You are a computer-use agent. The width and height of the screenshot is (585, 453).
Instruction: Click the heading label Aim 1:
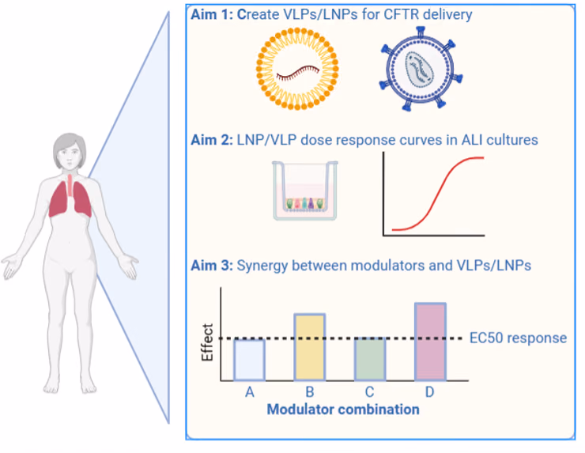(x=212, y=14)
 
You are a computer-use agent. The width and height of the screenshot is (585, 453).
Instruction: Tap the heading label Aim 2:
(x=212, y=140)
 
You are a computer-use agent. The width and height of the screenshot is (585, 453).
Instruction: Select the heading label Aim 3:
(x=212, y=266)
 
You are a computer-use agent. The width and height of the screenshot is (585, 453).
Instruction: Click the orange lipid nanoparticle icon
(x=297, y=69)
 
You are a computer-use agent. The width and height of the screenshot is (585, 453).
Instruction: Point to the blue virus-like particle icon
(x=421, y=69)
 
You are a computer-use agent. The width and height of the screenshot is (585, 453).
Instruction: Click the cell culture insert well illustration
(x=305, y=191)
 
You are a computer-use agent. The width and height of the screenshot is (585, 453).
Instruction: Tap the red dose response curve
(x=438, y=194)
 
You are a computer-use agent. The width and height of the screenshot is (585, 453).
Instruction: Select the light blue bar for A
(x=250, y=360)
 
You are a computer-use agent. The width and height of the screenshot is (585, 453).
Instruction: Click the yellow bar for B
(x=310, y=347)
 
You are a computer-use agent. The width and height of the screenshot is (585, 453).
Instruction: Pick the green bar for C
(x=370, y=359)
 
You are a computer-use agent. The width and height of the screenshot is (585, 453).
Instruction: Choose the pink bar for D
(x=430, y=342)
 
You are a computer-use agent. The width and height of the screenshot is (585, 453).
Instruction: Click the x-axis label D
(x=430, y=392)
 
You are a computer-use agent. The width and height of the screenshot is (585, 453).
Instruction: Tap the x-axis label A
(x=250, y=392)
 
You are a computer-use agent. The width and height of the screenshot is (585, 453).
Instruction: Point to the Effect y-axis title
(x=207, y=342)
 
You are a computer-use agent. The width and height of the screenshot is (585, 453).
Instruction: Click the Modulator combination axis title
(x=343, y=410)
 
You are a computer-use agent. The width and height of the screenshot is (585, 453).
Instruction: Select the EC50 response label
(x=518, y=338)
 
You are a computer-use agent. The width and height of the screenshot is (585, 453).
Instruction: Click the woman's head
(x=70, y=152)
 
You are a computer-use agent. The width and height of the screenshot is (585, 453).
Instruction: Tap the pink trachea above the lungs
(x=70, y=186)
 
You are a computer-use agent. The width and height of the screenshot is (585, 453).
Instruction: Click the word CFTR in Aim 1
(x=401, y=14)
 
